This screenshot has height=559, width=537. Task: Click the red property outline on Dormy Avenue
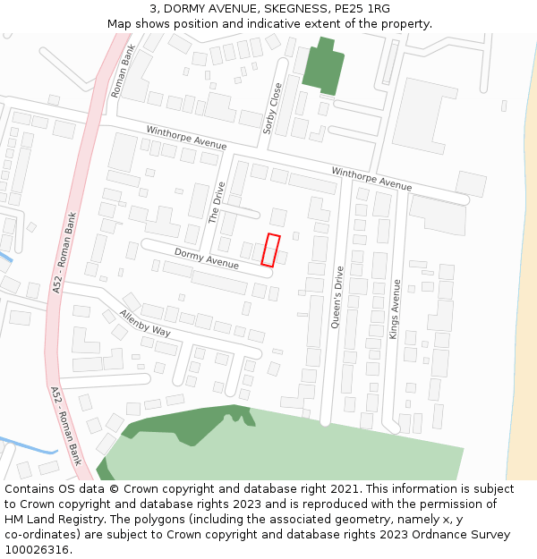[x=270, y=250]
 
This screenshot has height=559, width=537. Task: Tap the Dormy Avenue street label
[x=207, y=258]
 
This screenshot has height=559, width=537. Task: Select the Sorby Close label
[x=273, y=108]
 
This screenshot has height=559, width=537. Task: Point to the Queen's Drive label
[x=337, y=298]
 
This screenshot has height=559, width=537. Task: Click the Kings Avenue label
[x=395, y=308]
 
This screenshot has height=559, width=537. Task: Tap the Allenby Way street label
[x=145, y=324]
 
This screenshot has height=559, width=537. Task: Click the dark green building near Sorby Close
[x=323, y=69]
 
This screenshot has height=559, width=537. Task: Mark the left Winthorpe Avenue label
[x=187, y=138]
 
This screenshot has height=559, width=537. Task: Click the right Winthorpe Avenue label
[x=371, y=178]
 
